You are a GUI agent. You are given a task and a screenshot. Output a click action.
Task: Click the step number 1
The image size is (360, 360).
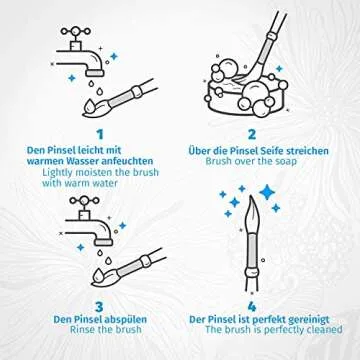coord(100,135)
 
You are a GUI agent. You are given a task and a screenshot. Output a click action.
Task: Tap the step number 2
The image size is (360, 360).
coord(252,135)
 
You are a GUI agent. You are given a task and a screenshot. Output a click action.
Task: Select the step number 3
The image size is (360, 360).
coord(100,307)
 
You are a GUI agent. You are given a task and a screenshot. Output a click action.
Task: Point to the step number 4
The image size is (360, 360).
coord(252,307)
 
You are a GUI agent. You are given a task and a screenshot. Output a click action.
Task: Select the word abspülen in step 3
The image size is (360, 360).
coord(126,320)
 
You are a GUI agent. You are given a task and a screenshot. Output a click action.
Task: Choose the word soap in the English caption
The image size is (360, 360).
coord(285,162)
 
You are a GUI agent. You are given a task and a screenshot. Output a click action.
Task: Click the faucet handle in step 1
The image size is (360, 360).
coord(76,31)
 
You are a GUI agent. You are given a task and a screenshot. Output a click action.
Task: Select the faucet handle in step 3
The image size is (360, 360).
coord(84,201)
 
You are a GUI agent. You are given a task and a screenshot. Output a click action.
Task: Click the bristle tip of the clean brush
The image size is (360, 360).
coord(251,199)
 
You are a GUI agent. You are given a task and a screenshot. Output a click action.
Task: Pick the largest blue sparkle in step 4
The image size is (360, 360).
coord(267,192)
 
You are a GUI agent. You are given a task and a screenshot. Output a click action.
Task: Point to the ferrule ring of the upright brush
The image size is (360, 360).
coord(252,272)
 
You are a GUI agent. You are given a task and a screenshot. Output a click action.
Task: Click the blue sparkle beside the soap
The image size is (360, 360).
coord(279,69)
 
